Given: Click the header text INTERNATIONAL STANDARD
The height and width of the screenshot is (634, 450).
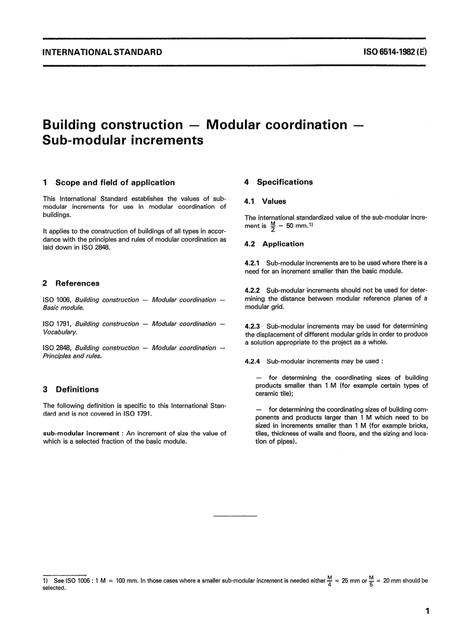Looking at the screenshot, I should (x=102, y=52).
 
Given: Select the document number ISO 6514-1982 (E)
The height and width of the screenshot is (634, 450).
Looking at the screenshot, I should (x=396, y=52).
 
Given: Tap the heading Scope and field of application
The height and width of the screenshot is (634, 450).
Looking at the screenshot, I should (x=115, y=182).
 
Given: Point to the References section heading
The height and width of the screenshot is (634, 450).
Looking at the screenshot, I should (x=77, y=283).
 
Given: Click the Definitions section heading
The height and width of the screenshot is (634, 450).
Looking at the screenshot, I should (x=77, y=389).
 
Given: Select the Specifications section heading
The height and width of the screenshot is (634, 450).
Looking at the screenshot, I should (x=285, y=182).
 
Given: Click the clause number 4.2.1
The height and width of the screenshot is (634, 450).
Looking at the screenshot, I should (x=252, y=263).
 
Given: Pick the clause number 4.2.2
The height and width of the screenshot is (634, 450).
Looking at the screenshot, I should (x=252, y=290).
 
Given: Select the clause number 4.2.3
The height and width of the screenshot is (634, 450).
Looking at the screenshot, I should (x=252, y=326).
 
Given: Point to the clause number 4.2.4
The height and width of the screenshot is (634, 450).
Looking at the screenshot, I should (x=252, y=362).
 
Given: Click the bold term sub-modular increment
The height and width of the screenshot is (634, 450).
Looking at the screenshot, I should (x=81, y=434).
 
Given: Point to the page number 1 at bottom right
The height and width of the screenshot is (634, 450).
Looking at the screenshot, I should (x=427, y=611).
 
